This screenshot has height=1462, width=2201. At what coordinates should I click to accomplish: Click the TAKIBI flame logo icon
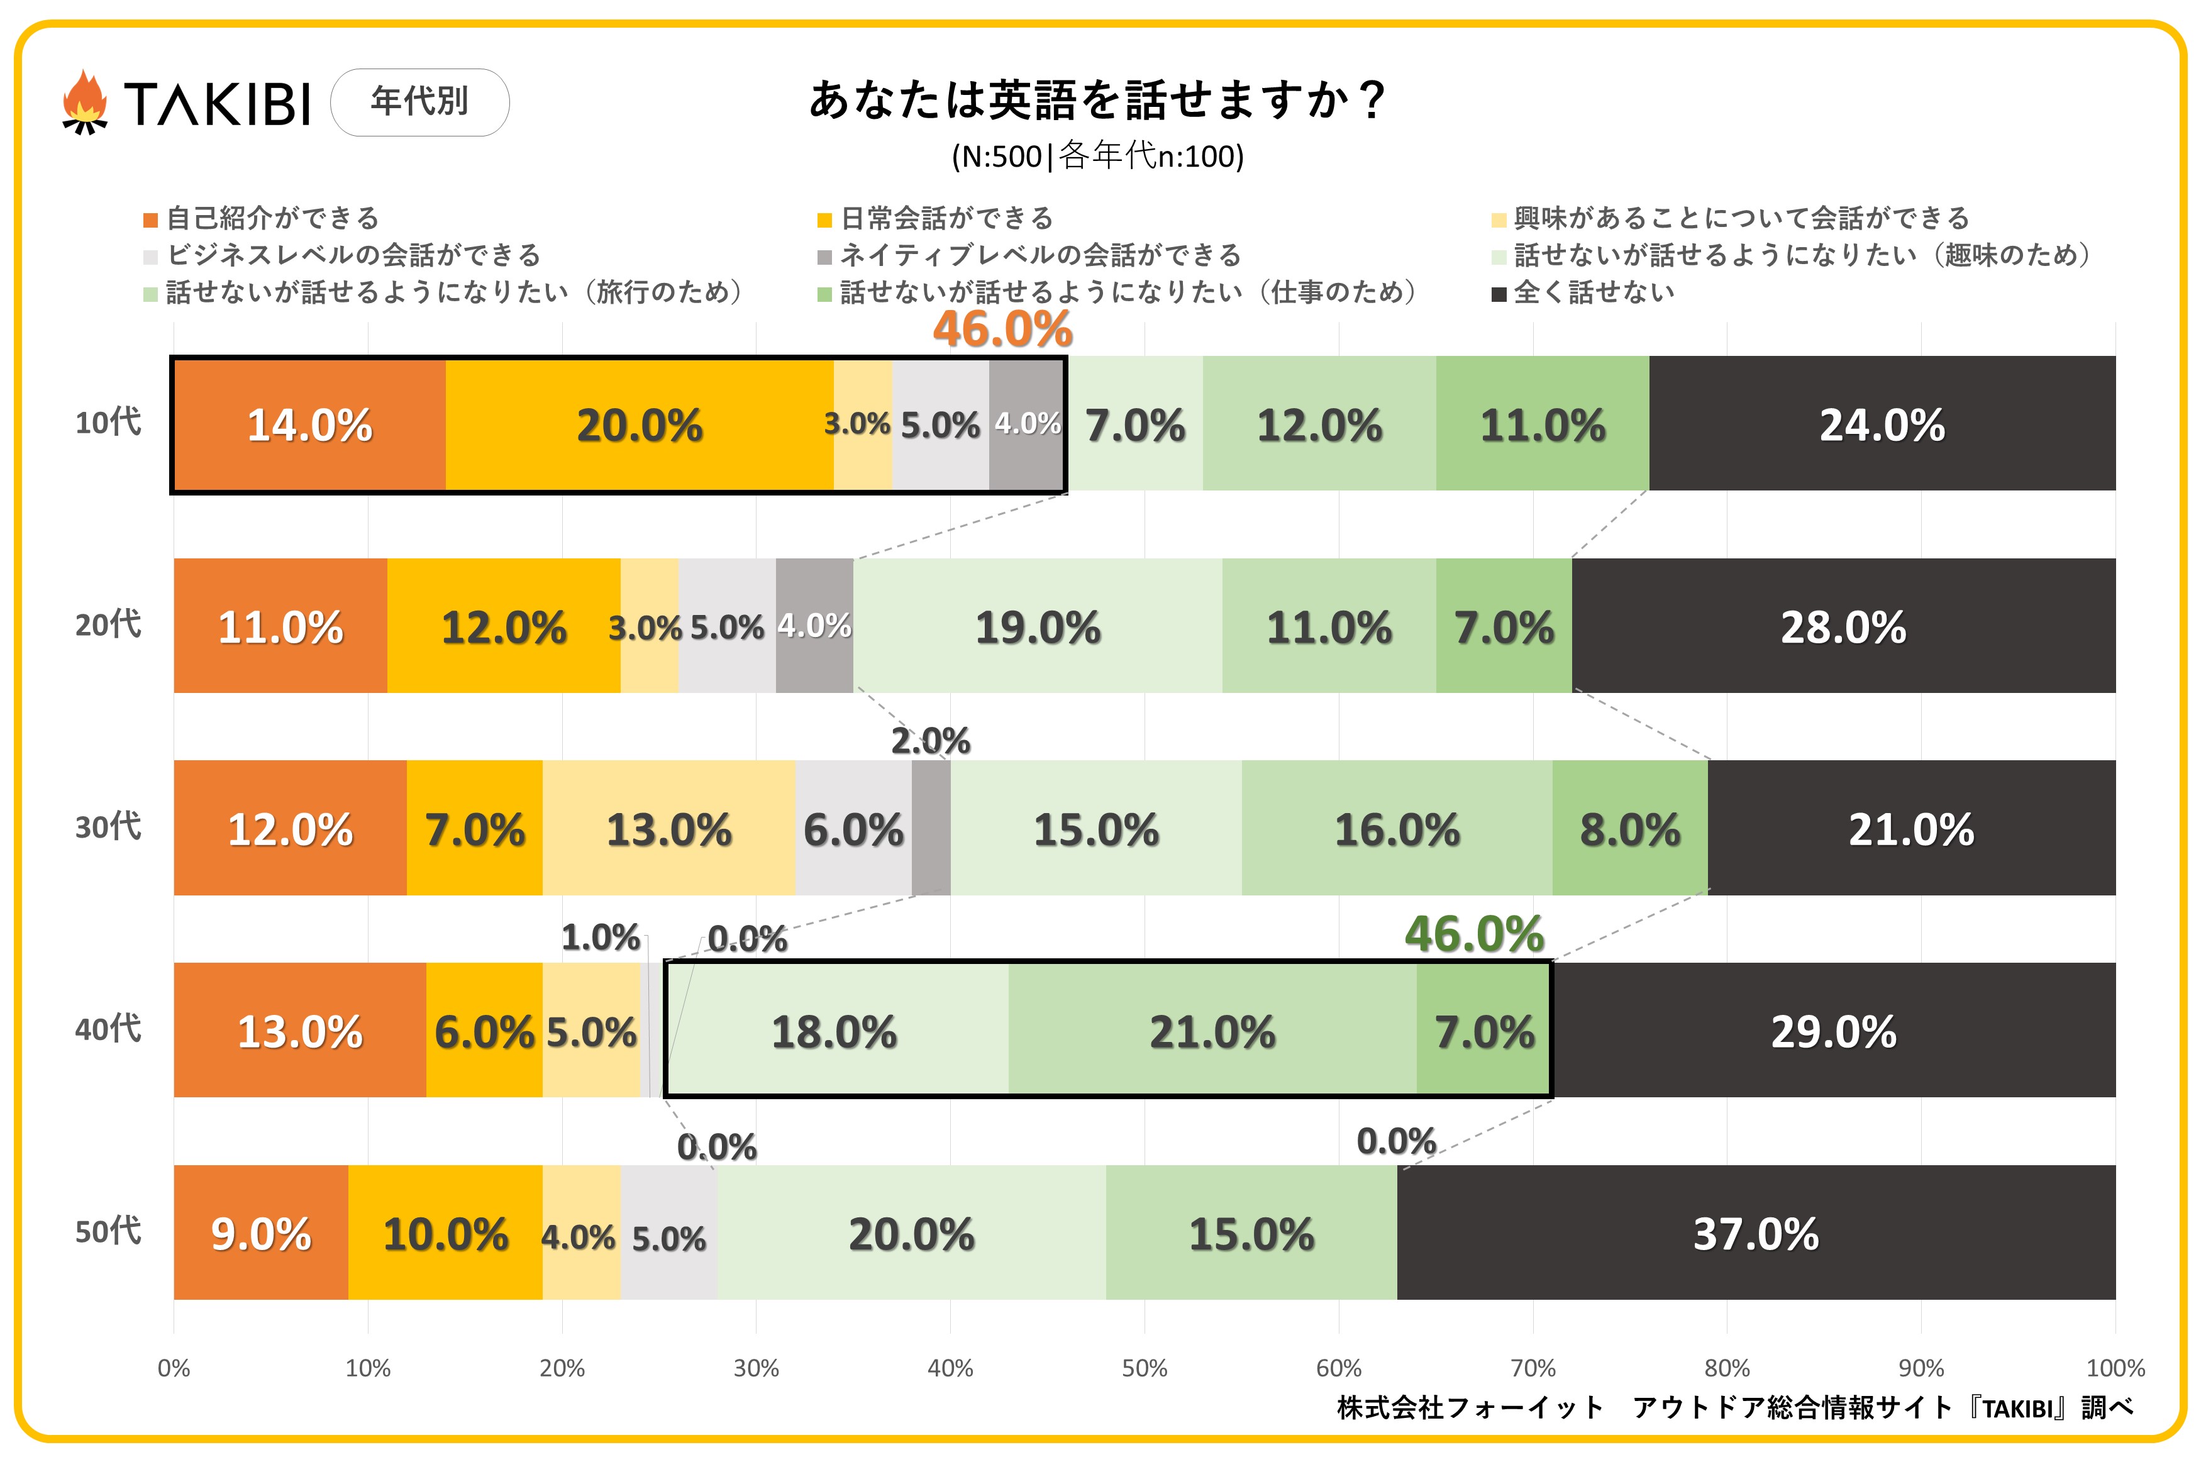click(x=85, y=102)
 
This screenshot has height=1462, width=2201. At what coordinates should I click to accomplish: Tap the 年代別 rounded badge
click(x=419, y=102)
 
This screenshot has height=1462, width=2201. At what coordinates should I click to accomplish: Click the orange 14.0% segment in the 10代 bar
click(x=309, y=425)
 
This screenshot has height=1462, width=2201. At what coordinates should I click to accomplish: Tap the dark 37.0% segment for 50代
click(x=1755, y=1232)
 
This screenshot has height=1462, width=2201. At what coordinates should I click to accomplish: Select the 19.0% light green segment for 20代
click(x=1038, y=626)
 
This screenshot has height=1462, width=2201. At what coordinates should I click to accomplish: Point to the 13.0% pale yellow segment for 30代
click(x=668, y=829)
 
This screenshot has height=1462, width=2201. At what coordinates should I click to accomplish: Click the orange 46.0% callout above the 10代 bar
click(x=1002, y=329)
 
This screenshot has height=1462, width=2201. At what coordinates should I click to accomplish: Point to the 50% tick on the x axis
click(x=1144, y=1368)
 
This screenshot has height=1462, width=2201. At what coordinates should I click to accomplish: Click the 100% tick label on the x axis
click(x=2114, y=1368)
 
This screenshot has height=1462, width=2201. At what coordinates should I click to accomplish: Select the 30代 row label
click(x=108, y=827)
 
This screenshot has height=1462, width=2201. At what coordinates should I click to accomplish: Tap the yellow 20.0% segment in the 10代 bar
click(x=640, y=425)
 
